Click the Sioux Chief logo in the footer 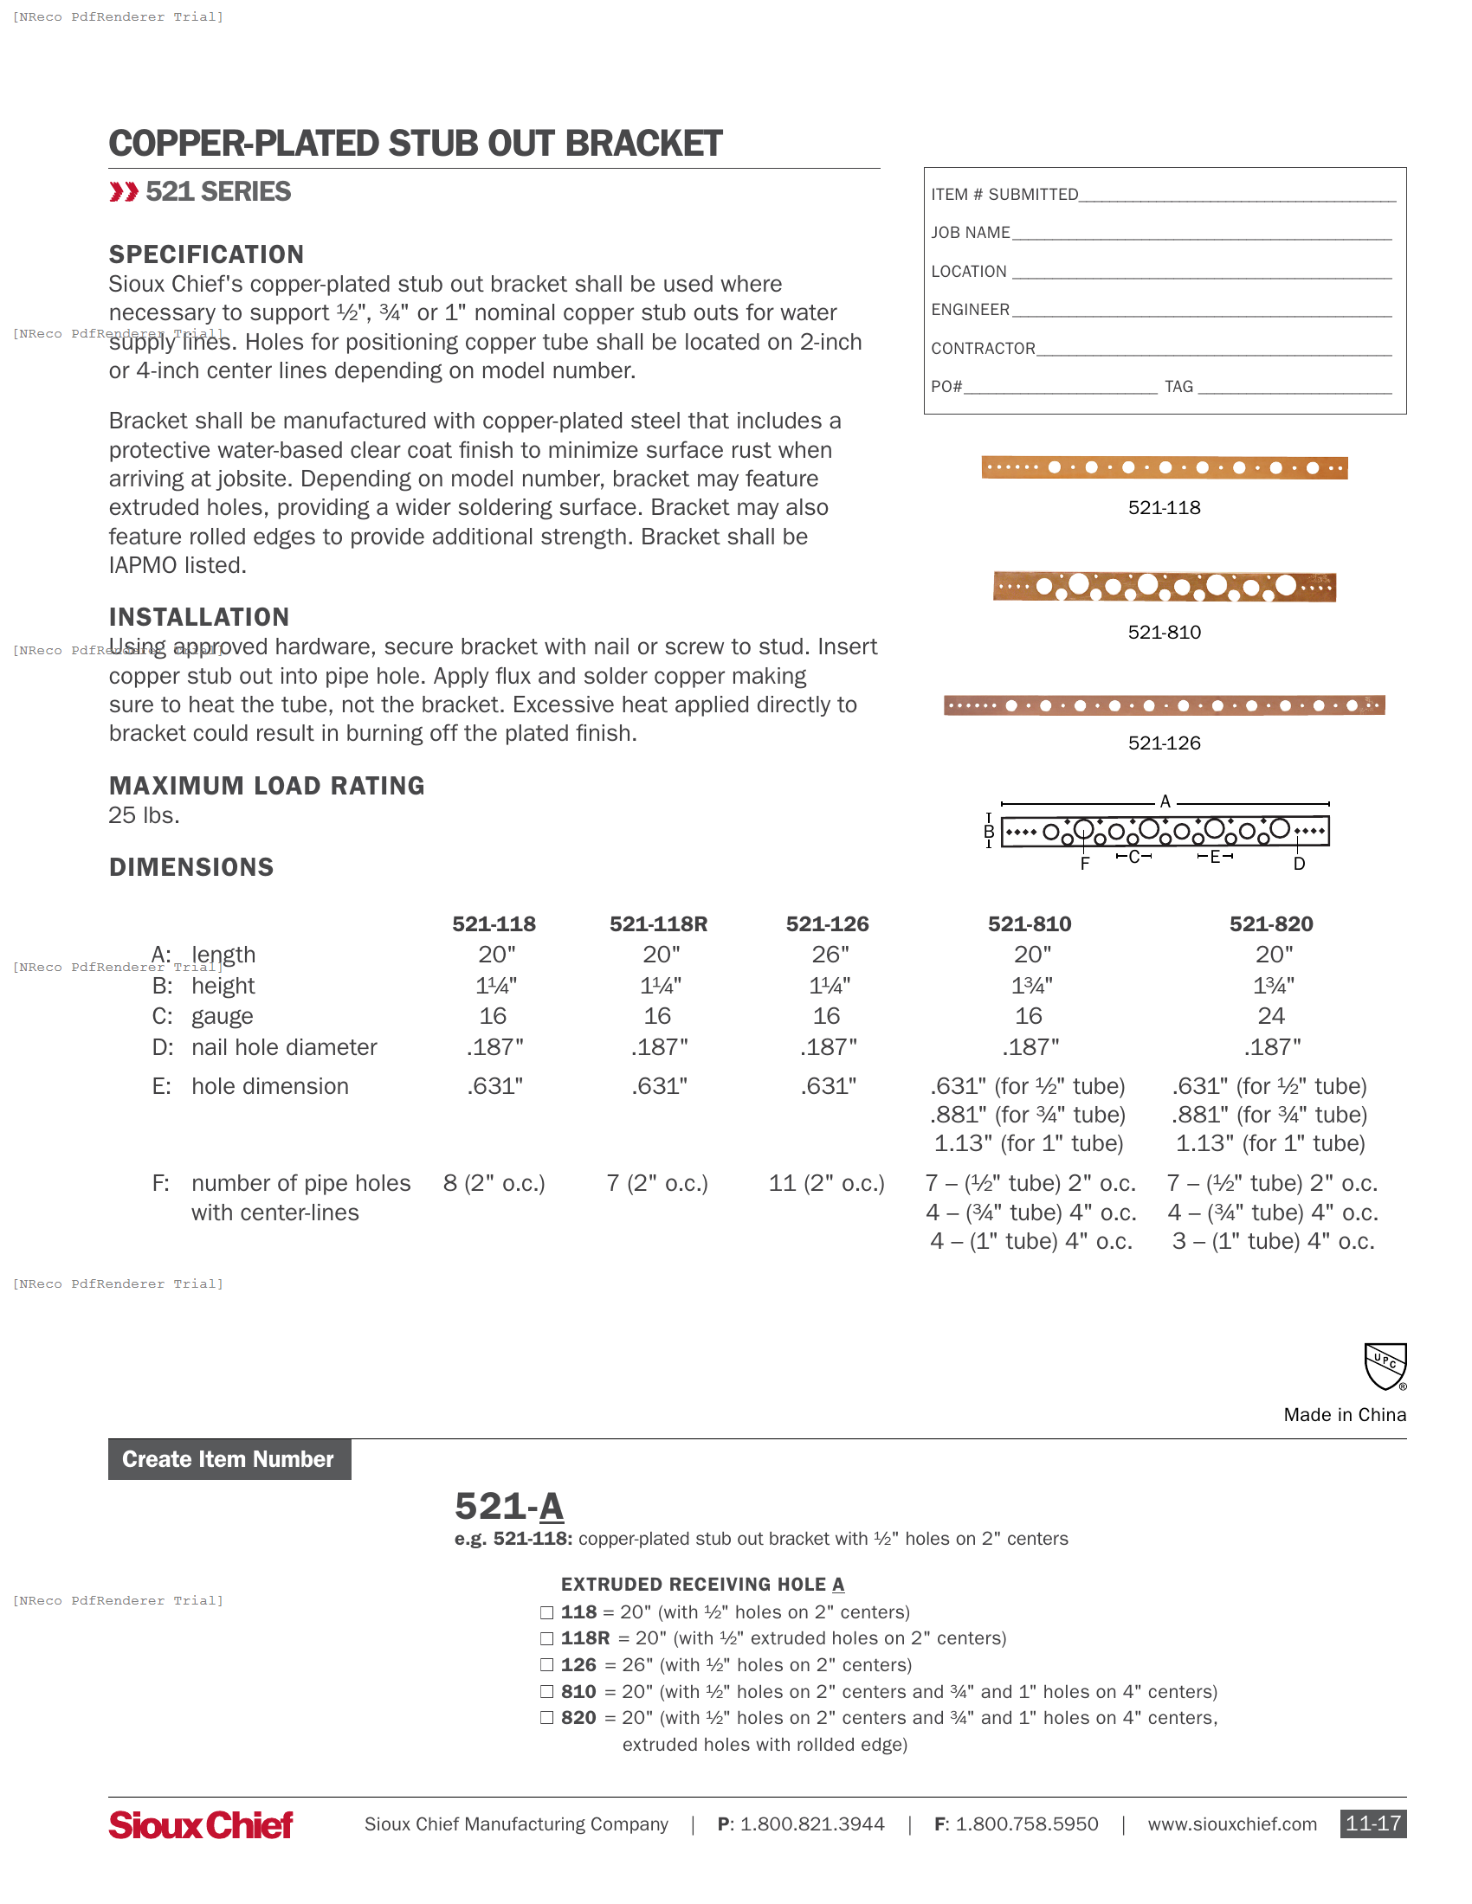201,1824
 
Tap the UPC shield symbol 1385,1366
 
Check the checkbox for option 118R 546,1639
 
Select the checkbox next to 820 546,1718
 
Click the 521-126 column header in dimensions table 827,924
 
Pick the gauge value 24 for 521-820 1270,1017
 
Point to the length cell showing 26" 830,955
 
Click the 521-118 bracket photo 1164,468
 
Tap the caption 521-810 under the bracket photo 1164,633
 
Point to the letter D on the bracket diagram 1299,864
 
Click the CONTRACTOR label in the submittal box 983,349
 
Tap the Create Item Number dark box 229,1459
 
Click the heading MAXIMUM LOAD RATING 267,787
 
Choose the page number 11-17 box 1372,1824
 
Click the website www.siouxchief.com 1231,1824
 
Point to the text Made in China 1344,1415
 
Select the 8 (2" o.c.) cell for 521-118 494,1184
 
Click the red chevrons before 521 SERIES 124,192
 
